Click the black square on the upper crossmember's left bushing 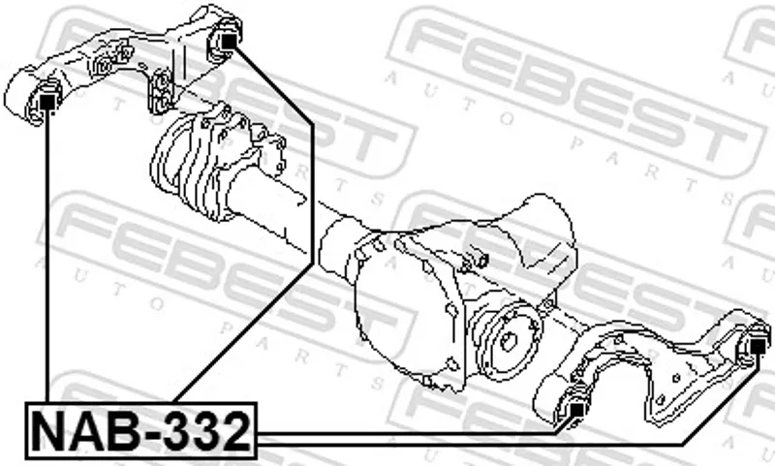(47, 102)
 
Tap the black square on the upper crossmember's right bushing (228, 41)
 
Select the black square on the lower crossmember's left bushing (576, 410)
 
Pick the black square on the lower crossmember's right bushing (758, 346)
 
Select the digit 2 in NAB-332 (234, 431)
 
